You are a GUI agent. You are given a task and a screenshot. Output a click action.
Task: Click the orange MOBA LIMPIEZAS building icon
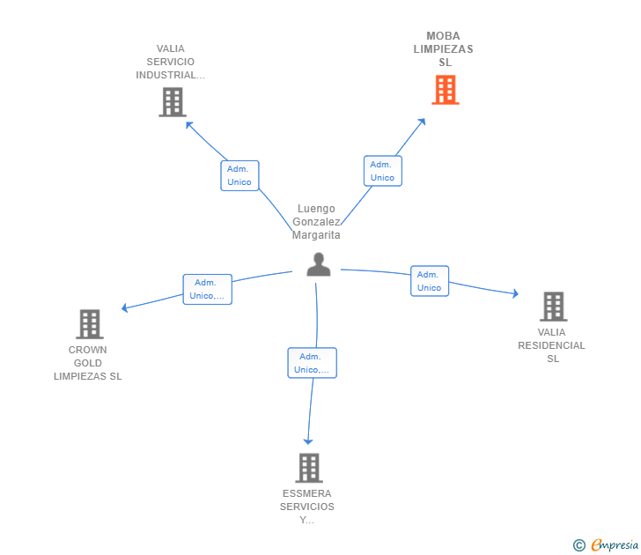(445, 90)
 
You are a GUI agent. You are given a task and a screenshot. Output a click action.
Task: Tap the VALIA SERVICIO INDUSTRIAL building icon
(173, 102)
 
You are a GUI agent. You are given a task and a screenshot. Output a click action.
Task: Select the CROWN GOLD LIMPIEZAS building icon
(89, 324)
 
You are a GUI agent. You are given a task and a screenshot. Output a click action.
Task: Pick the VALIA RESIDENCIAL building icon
(553, 307)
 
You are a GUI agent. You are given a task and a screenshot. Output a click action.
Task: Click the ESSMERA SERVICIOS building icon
(308, 468)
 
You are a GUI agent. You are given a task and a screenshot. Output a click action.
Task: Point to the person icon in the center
(318, 264)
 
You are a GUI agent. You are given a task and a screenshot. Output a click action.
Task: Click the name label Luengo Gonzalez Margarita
(316, 222)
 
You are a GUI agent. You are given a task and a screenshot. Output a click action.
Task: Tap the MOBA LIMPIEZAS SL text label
(444, 49)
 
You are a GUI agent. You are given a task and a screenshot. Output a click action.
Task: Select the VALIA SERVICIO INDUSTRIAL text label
(171, 62)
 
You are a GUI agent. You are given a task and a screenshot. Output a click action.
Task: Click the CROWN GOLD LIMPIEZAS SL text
(88, 363)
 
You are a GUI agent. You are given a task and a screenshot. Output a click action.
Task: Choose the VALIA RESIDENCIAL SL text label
(552, 345)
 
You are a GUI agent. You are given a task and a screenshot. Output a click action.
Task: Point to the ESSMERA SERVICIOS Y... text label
(307, 507)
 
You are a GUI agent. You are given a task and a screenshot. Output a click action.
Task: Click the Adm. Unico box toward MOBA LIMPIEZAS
(382, 171)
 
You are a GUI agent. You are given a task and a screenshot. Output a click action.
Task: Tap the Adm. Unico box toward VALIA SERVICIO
(239, 175)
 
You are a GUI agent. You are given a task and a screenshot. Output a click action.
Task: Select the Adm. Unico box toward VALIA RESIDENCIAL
(430, 281)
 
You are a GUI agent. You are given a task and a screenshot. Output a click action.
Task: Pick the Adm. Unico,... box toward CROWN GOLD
(207, 289)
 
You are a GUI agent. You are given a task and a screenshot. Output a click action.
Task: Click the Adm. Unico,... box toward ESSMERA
(312, 363)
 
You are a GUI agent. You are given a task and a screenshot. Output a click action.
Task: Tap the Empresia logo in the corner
(606, 545)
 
